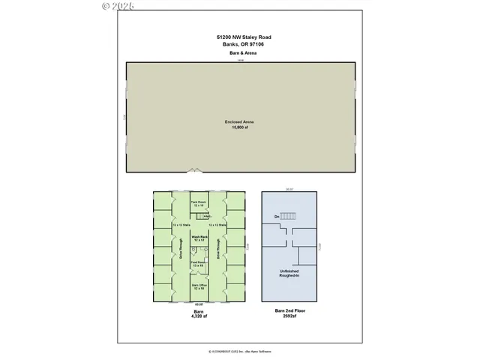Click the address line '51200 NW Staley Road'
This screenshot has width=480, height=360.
(241, 37)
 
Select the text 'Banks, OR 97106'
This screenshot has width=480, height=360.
(241, 44)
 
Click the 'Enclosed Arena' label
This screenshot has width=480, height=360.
(240, 121)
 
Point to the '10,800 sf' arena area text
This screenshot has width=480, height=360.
(240, 127)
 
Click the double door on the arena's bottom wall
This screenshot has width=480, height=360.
(194, 171)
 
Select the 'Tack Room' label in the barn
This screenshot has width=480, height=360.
(199, 202)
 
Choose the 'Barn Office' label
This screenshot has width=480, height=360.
(199, 286)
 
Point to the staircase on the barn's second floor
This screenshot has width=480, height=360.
(288, 216)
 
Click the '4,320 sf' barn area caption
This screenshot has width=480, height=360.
(199, 316)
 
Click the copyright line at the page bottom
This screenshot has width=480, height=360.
(240, 351)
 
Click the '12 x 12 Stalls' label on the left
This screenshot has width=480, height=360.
(180, 225)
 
